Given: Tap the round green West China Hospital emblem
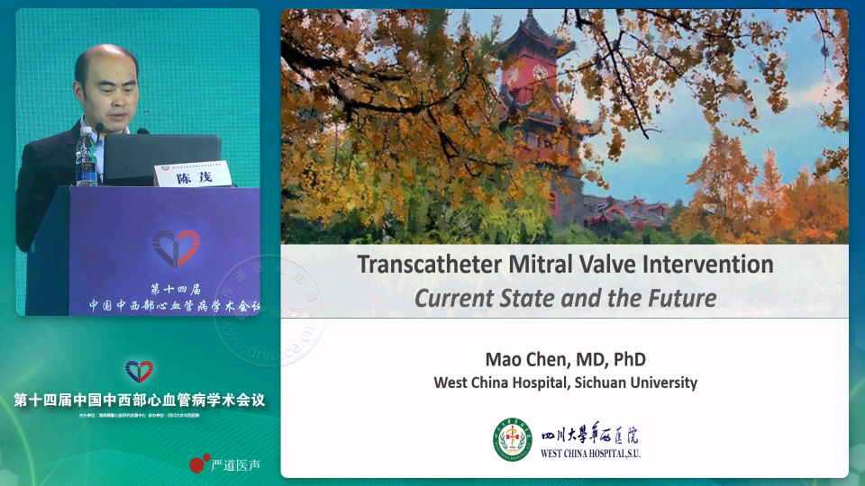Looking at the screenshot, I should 512,439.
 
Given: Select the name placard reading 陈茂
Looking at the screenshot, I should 191,175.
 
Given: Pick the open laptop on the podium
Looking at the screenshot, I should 162,158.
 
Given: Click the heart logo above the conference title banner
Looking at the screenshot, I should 139,371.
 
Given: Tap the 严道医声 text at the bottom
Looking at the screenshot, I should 235,464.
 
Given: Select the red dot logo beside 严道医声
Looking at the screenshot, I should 199,463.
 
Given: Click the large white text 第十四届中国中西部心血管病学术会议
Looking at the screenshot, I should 140,400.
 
